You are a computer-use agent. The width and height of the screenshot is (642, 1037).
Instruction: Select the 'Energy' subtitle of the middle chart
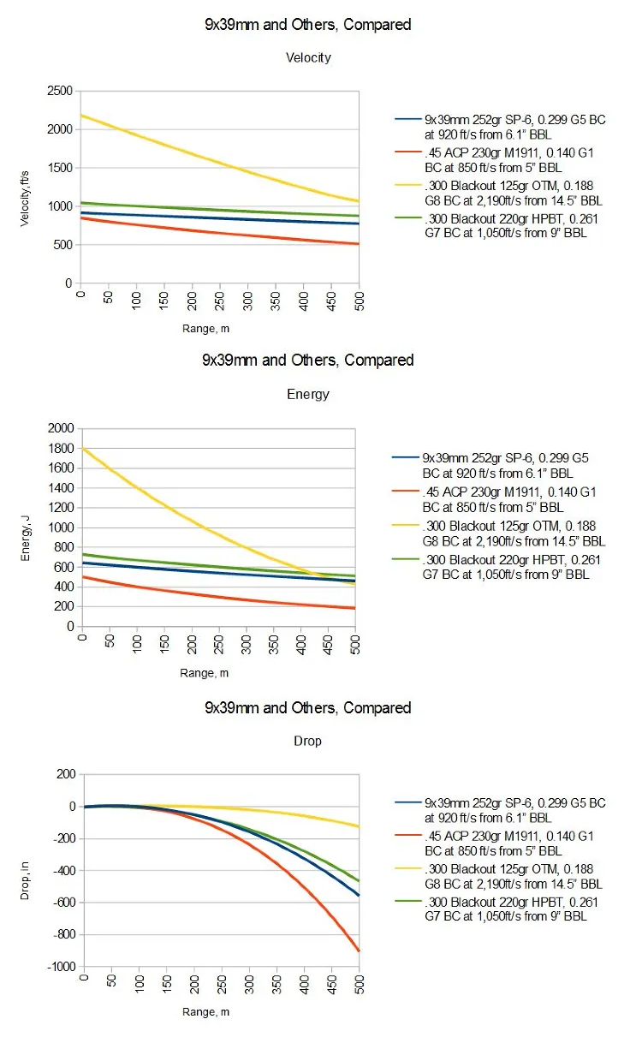pos(307,395)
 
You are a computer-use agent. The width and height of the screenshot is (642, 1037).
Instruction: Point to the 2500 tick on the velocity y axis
pos(60,92)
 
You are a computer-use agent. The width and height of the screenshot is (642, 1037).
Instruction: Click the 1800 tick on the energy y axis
pos(60,449)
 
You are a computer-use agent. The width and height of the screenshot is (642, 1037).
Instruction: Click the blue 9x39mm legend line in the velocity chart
pos(406,121)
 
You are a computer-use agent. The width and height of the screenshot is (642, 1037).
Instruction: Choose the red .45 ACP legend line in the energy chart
pos(406,492)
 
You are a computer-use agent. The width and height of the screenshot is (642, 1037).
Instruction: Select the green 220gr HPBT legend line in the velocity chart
pos(406,218)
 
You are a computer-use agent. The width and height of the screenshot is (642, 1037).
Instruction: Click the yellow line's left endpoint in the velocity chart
pos(80,115)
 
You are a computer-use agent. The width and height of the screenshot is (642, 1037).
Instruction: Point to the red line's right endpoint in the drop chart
pos(359,951)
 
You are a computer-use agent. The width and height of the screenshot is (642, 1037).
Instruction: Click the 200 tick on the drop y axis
pos(65,774)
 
